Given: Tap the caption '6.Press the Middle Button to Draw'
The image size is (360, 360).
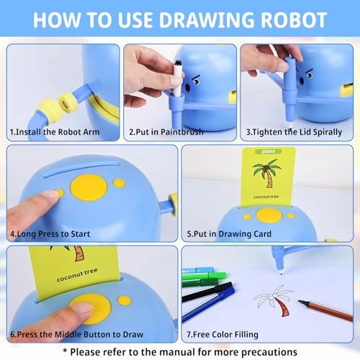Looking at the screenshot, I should (76, 334).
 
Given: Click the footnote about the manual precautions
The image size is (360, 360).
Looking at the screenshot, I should (180, 351).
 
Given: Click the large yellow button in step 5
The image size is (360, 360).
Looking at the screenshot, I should (269, 215).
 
